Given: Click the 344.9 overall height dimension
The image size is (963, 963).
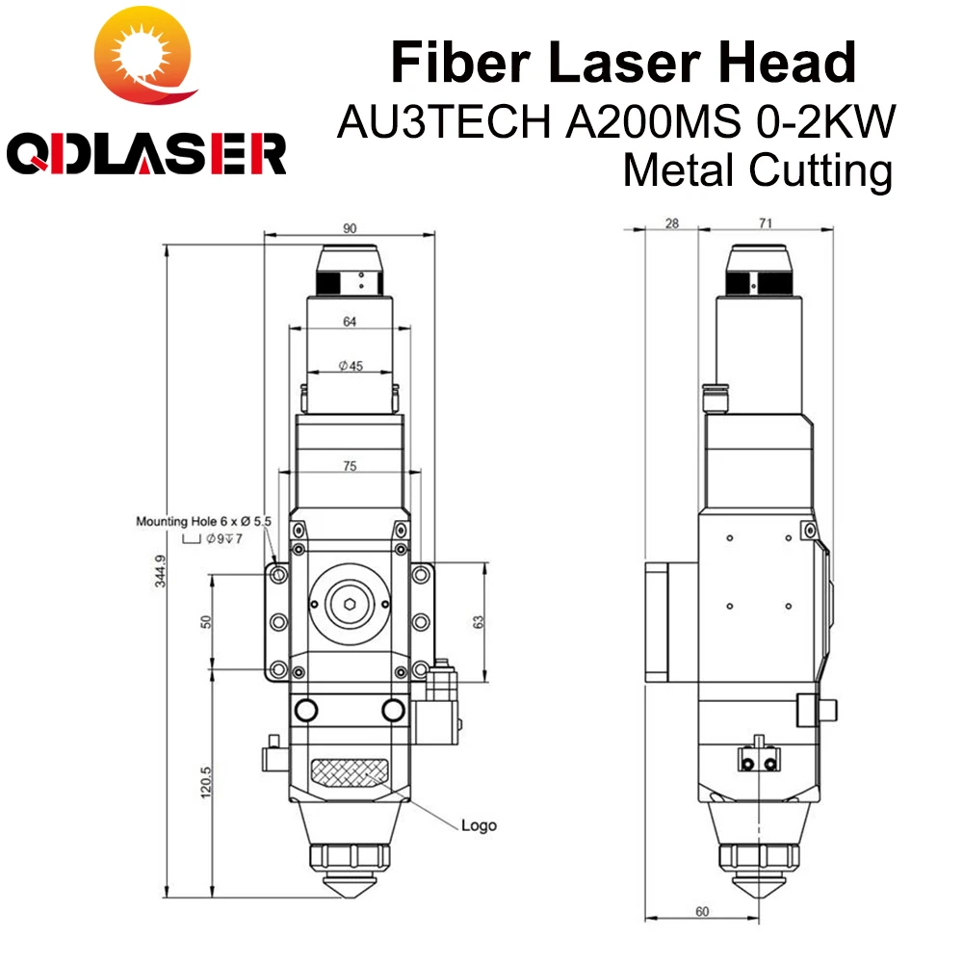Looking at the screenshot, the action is click(160, 571).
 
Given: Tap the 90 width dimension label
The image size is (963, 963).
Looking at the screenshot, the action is click(350, 228).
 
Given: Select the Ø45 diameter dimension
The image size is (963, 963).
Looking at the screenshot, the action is click(351, 366).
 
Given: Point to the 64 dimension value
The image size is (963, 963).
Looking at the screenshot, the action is click(350, 322).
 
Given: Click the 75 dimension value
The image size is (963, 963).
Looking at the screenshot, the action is click(350, 466).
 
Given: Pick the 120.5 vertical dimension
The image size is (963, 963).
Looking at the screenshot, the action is click(206, 782).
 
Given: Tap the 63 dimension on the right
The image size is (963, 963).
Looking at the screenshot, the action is click(479, 621).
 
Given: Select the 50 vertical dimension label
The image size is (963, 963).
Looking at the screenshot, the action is click(206, 621).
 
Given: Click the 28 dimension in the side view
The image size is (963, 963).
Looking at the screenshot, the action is click(672, 223).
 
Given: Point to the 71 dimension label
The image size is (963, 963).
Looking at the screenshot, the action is click(766, 223).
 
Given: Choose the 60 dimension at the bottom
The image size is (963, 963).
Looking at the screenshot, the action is click(702, 911).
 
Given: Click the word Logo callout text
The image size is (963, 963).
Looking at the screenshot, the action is click(479, 825).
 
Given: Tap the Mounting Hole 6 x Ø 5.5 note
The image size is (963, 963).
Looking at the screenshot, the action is click(203, 521).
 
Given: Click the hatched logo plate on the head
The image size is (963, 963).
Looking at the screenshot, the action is click(351, 772).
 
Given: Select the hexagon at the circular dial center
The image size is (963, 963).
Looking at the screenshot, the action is click(350, 605).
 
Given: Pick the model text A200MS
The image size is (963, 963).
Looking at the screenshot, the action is click(653, 121).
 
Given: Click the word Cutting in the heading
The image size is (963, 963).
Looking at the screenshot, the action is click(820, 170).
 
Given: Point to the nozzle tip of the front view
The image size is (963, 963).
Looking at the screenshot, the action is click(350, 896).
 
